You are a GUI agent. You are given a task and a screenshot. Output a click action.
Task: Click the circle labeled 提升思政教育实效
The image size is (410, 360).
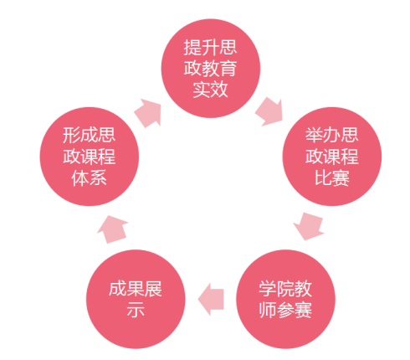click(211, 69)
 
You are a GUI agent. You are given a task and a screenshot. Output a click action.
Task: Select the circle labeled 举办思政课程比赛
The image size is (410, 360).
click(332, 157)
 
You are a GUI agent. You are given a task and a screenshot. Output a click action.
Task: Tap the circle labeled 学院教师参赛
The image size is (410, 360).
click(285, 299)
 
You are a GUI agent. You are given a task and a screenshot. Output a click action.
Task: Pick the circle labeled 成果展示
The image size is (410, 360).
click(136, 299)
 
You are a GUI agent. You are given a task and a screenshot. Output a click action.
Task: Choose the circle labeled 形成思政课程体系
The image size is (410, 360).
click(90, 157)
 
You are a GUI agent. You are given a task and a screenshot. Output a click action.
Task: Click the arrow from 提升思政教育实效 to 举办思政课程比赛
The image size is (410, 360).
click(269, 111)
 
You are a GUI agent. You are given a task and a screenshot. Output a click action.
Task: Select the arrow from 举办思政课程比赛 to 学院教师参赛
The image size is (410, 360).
click(309, 226)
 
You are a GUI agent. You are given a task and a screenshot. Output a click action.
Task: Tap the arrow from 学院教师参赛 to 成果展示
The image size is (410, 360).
click(211, 299)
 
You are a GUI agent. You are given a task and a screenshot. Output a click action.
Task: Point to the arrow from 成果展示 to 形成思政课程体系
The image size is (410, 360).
click(112, 229)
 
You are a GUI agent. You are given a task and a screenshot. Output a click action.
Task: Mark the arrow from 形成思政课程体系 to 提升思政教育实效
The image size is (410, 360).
click(148, 113)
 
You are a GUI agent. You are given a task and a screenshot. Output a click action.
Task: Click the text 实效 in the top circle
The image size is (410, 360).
click(211, 90)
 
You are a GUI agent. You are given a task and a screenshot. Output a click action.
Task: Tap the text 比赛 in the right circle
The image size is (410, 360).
click(332, 177)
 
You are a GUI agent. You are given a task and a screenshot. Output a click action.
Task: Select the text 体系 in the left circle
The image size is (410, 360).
click(90, 177)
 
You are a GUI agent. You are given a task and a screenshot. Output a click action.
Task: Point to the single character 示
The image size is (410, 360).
click(136, 310)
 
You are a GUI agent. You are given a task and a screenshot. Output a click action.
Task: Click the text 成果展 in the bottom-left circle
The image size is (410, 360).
click(136, 289)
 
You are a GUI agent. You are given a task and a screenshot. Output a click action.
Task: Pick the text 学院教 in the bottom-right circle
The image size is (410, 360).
click(285, 289)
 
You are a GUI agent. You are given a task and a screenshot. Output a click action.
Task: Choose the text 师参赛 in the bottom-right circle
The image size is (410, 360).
click(285, 310)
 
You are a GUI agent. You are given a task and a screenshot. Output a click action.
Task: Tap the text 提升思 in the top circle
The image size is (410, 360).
click(211, 47)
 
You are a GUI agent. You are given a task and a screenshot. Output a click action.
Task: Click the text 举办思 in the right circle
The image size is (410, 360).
click(332, 135)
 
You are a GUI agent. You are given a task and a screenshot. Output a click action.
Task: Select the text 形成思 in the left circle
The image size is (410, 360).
click(90, 135)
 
